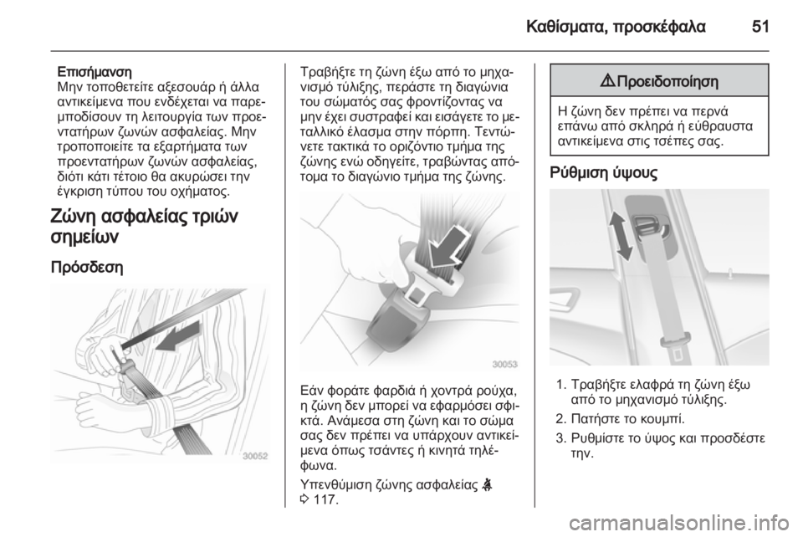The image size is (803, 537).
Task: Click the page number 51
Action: pos(760,26)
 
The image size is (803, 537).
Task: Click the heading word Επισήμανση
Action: pos(95,71)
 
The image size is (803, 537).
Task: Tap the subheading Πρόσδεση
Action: pos(87,268)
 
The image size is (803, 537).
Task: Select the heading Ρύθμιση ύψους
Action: pos(603,172)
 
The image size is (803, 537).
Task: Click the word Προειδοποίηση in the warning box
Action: pos(667,81)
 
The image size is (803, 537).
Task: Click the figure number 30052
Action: pos(254,456)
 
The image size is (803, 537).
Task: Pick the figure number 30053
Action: pos(505,364)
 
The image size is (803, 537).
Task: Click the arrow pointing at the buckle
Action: pos(447,247)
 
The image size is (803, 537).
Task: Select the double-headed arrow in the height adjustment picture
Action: pos(620,237)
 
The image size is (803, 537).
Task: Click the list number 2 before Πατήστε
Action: pos(560,419)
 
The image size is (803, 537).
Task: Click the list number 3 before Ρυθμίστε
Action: pos(560,438)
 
